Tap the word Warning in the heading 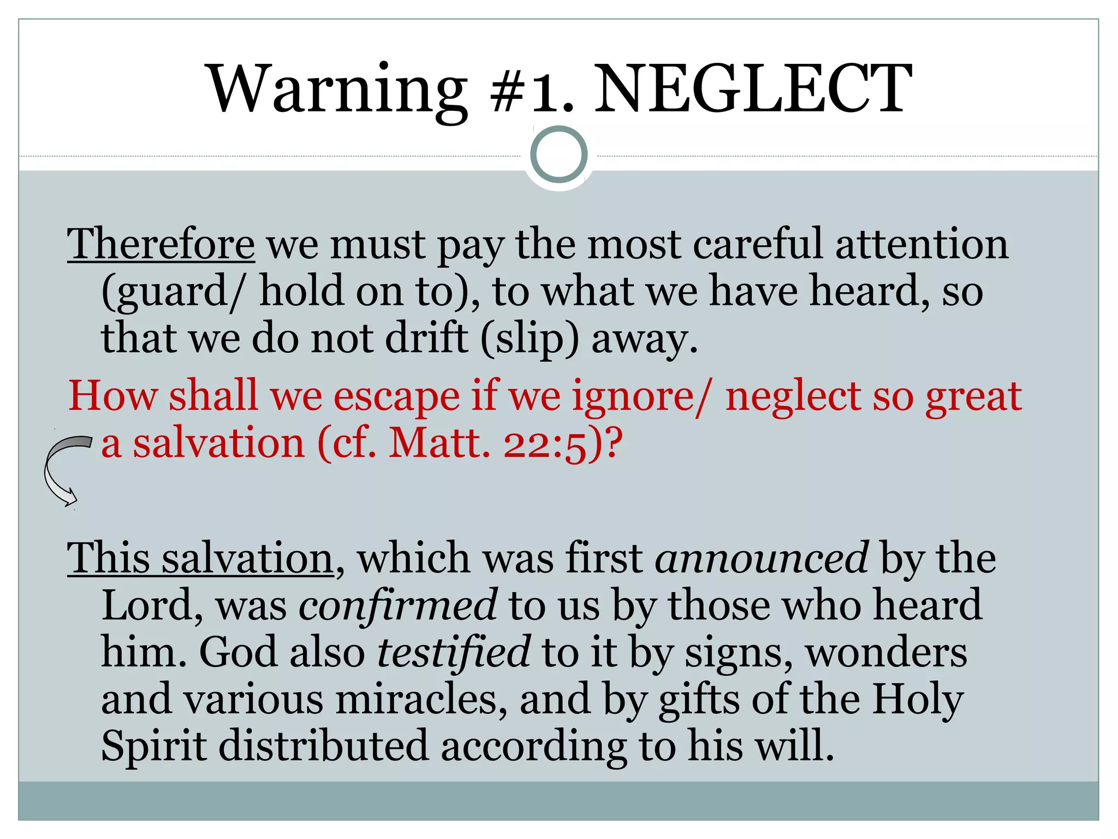point(338,88)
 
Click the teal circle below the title point(558,155)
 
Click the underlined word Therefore point(160,244)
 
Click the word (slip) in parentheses point(529,339)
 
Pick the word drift point(426,338)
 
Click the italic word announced point(762,559)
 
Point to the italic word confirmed point(397,605)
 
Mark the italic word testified point(453,652)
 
